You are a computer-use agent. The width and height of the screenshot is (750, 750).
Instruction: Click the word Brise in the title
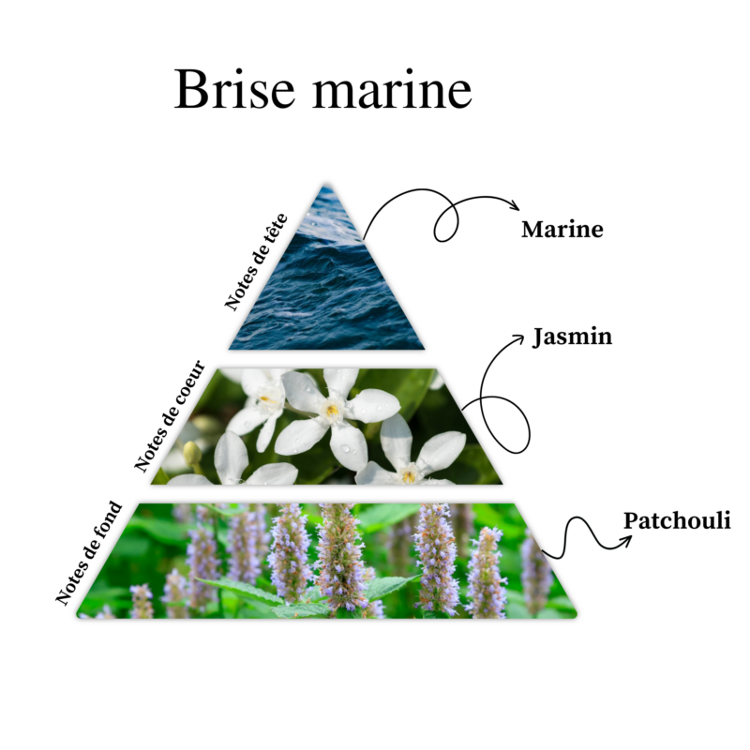(x=234, y=89)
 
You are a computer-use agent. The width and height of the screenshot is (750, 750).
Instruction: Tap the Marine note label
(x=562, y=230)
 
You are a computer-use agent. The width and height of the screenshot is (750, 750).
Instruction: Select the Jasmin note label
(x=572, y=337)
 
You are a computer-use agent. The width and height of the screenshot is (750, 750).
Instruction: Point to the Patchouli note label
(x=677, y=520)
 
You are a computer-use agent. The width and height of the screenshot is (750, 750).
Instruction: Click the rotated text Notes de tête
(x=256, y=262)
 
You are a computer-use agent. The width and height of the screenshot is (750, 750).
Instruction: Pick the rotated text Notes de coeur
(x=170, y=416)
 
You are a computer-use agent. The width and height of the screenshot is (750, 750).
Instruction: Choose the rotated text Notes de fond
(x=89, y=553)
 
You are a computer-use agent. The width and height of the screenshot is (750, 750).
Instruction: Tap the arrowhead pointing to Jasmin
(x=519, y=338)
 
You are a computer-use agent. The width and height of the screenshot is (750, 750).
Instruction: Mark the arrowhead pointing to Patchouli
(x=625, y=541)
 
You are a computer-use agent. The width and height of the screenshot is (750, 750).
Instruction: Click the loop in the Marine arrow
(x=446, y=220)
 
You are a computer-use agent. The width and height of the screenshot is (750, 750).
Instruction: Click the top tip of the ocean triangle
(x=326, y=184)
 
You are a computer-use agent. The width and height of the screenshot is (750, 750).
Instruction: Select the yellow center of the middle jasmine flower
(x=332, y=410)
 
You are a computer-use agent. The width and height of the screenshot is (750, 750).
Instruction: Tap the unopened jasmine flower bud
(x=192, y=453)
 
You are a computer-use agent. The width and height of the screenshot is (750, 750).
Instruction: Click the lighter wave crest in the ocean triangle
(x=330, y=232)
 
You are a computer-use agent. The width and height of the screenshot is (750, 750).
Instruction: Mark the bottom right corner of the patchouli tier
(x=576, y=616)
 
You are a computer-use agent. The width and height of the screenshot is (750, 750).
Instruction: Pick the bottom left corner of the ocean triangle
(x=230, y=349)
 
